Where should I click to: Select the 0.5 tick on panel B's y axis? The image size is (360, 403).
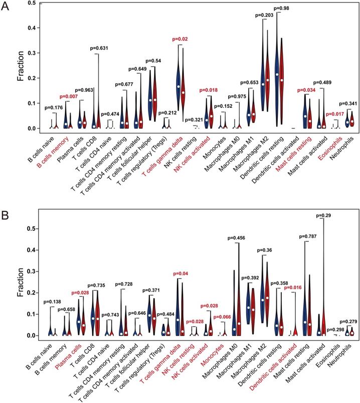[31, 228]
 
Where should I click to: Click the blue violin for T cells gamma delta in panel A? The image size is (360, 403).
[178, 84]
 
